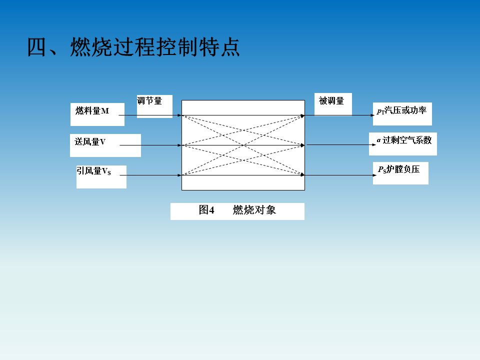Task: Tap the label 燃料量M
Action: click(92, 111)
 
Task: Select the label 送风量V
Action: click(90, 142)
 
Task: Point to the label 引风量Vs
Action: click(93, 171)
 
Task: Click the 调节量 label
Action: click(150, 101)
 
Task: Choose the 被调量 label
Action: click(331, 101)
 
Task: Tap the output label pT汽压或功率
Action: click(402, 110)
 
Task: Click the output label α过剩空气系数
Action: click(404, 140)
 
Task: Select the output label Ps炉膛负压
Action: click(399, 169)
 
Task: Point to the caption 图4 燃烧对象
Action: click(237, 210)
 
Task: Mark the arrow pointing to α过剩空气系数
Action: click(340, 145)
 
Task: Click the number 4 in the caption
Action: click(211, 210)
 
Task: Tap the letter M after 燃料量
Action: click(105, 111)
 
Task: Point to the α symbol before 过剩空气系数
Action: click(379, 140)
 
